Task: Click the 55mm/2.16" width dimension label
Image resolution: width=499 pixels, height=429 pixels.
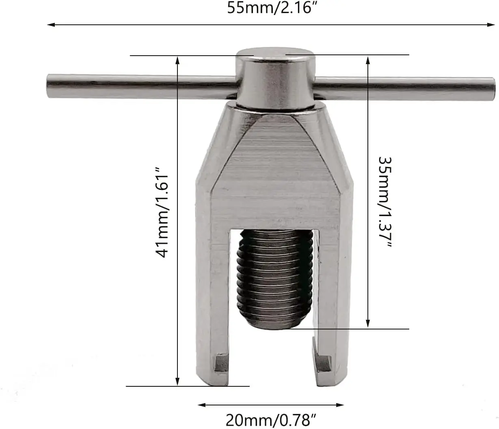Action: (x=272, y=8)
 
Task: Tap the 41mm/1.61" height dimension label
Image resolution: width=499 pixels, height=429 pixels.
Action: (x=161, y=212)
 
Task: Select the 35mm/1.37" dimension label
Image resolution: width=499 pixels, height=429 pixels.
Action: (x=385, y=202)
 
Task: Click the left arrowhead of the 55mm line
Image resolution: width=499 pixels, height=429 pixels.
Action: (x=51, y=25)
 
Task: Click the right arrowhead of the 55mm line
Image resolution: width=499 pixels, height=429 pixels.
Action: (x=491, y=25)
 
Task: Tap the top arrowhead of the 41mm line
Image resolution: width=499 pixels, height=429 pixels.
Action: (x=177, y=61)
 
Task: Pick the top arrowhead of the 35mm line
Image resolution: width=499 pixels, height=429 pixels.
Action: (x=368, y=61)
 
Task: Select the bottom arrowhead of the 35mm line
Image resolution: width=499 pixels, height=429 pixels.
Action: (x=368, y=323)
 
